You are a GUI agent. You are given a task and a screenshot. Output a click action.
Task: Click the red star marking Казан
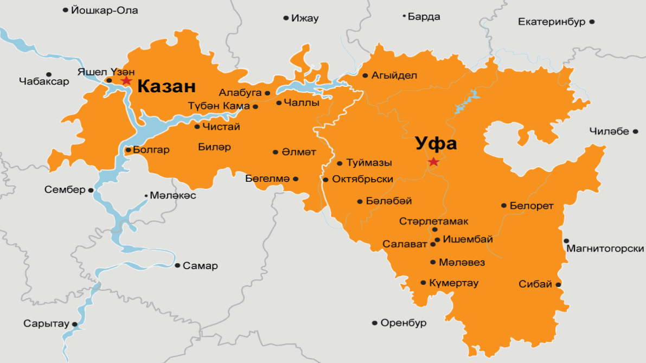coord(126,81)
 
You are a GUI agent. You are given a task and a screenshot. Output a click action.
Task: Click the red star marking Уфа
coord(433,162)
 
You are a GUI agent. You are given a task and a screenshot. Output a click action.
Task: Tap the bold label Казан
coord(166,86)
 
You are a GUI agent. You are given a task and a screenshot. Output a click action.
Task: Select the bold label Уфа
coord(436,144)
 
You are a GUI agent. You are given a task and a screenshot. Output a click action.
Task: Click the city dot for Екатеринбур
coord(592,22)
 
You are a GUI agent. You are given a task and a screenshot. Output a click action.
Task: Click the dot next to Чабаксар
coord(49,74)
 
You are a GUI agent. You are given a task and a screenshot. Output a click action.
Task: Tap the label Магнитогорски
coord(605,249)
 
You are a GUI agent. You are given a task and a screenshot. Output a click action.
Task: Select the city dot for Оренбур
coord(374,323)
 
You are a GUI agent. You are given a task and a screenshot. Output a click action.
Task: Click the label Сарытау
coord(46,323)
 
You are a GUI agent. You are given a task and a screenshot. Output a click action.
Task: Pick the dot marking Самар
coord(177,265)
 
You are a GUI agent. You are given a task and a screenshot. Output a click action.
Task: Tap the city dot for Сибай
coord(558,284)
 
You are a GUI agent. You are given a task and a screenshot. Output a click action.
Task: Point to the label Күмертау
coord(453,283)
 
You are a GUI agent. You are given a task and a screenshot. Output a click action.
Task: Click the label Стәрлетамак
coord(433,221)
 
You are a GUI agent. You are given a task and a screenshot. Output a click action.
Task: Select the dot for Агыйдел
coord(365,76)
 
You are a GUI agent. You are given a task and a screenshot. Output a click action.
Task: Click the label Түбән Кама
coord(219,106)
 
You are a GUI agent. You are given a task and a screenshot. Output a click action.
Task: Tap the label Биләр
coord(214,147)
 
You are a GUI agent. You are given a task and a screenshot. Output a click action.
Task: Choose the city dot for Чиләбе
coord(635,131)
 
